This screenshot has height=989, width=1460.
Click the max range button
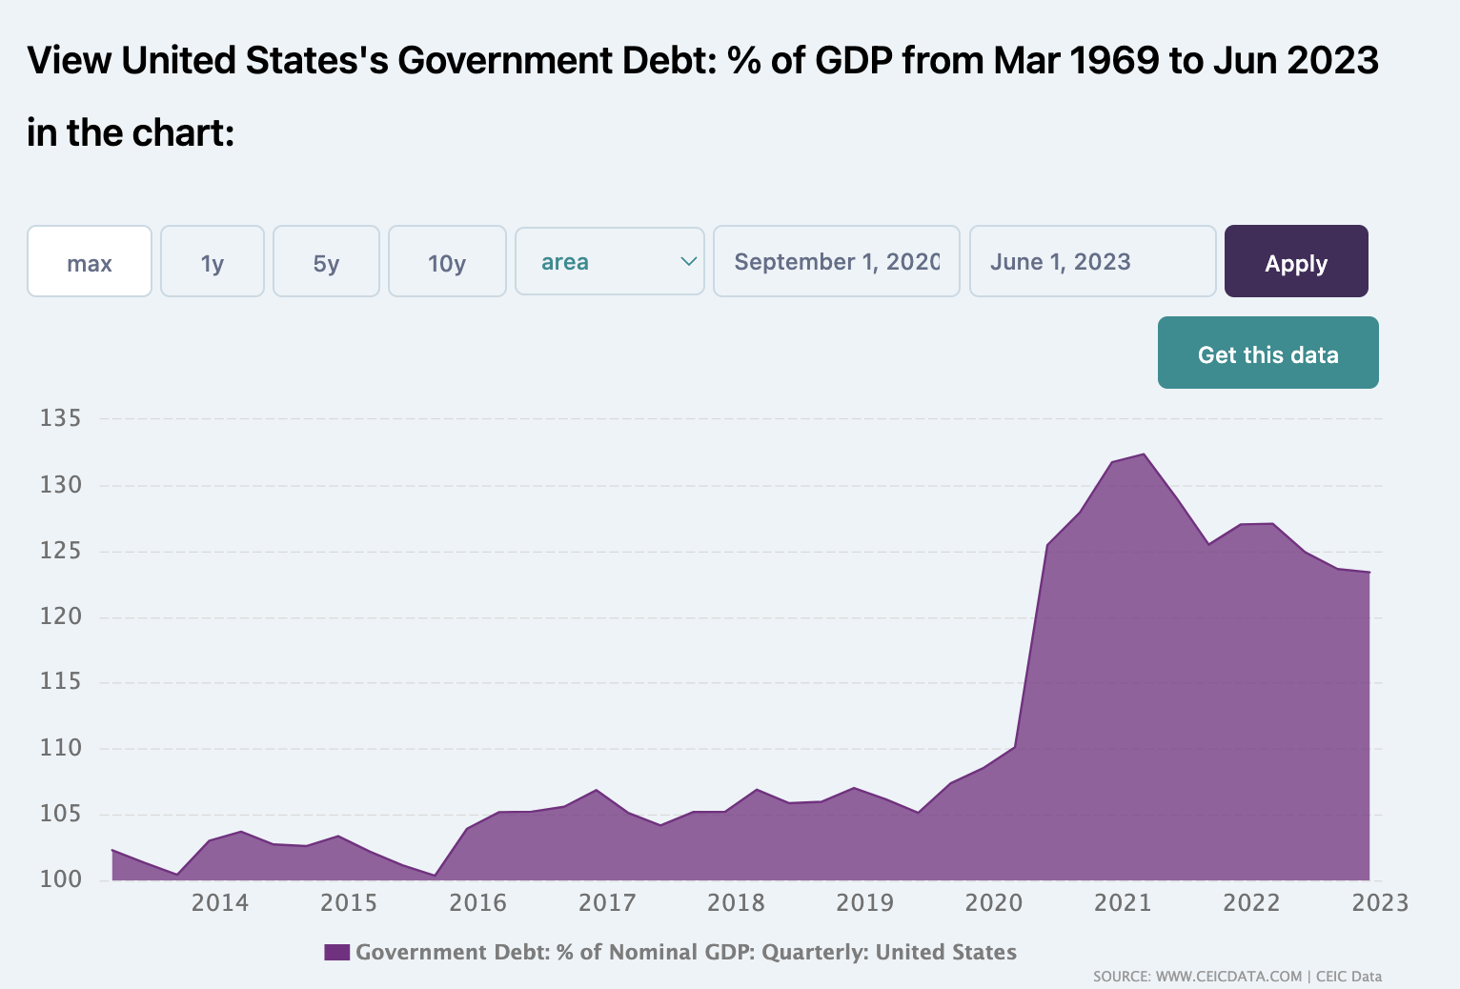pyautogui.click(x=90, y=262)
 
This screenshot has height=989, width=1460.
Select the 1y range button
pyautogui.click(x=212, y=262)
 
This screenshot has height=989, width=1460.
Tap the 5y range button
pyautogui.click(x=326, y=262)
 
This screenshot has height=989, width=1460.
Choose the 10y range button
pyautogui.click(x=447, y=262)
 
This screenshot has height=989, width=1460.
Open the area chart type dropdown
pyautogui.click(x=609, y=261)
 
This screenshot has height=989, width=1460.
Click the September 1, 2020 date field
pyautogui.click(x=836, y=261)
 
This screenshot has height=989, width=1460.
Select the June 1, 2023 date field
pyautogui.click(x=1092, y=261)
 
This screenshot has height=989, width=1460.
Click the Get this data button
pyautogui.click(x=1267, y=353)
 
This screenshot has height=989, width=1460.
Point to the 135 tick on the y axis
pyautogui.click(x=60, y=418)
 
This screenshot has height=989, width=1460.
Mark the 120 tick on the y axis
pyautogui.click(x=60, y=616)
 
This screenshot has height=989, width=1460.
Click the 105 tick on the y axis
pyautogui.click(x=60, y=814)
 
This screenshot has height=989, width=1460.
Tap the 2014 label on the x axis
pyautogui.click(x=220, y=902)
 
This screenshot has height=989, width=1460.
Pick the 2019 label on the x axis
pyautogui.click(x=864, y=902)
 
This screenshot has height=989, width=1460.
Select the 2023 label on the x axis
pyautogui.click(x=1380, y=902)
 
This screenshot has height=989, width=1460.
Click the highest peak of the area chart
pyautogui.click(x=1144, y=454)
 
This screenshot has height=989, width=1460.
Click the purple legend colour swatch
pyautogui.click(x=336, y=952)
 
